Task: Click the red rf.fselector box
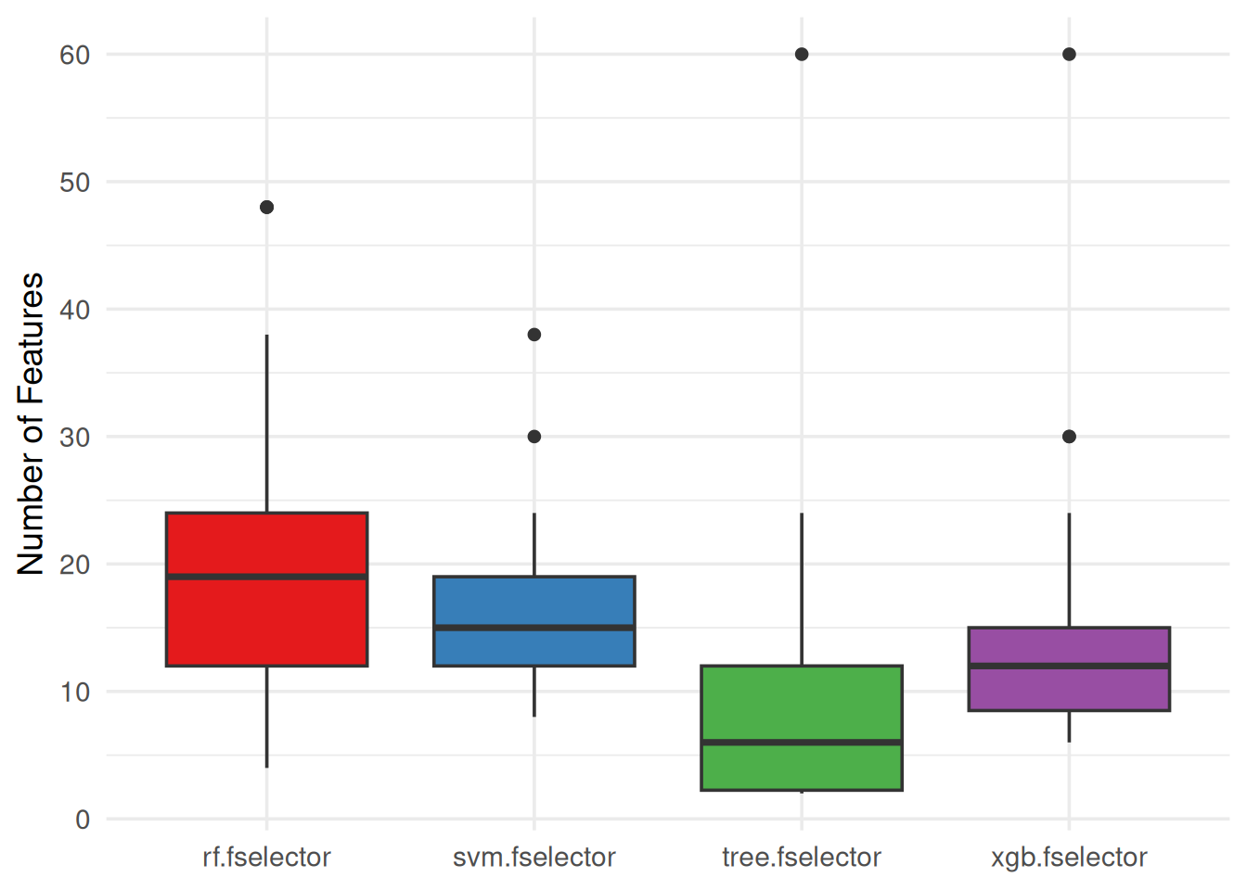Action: pos(266,612)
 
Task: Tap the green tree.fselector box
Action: pos(801,705)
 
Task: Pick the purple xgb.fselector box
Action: pos(1068,686)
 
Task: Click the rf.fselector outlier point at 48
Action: pos(266,207)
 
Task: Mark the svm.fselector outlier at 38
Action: pos(534,335)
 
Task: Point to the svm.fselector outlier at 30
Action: pos(534,437)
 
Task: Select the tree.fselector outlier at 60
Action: pos(802,55)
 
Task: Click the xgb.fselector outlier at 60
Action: pos(1069,55)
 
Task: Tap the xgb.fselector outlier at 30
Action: pos(1069,437)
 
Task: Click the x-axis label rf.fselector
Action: pos(266,858)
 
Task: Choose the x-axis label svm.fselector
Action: pos(534,858)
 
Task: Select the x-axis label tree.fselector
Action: pos(801,858)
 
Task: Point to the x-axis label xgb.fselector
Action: pos(1069,858)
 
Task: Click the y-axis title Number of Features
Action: pos(31,424)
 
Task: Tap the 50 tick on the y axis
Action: pos(74,183)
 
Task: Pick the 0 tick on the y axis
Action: pos(83,820)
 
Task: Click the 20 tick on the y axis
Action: pos(74,565)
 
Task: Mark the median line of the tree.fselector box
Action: pos(801,743)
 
